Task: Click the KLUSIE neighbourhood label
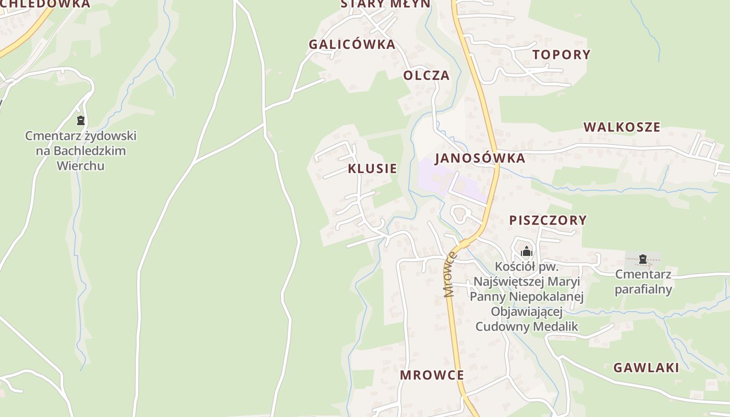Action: click(x=372, y=168)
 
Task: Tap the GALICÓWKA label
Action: click(x=352, y=44)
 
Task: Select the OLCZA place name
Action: click(x=426, y=75)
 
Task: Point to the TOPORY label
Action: click(x=561, y=54)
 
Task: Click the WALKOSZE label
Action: click(x=622, y=127)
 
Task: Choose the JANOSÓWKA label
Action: click(x=480, y=158)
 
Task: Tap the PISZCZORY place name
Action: click(x=548, y=220)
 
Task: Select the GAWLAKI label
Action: click(x=646, y=367)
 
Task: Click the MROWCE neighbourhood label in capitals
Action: click(x=432, y=375)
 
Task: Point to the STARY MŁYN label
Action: click(x=386, y=4)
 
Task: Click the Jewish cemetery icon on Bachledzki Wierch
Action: click(x=81, y=121)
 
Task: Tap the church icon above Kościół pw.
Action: click(x=527, y=252)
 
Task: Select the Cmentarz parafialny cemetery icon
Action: click(x=643, y=259)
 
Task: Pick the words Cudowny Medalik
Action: click(x=527, y=327)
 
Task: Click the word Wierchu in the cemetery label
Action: click(x=80, y=166)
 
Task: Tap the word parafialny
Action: click(x=643, y=289)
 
